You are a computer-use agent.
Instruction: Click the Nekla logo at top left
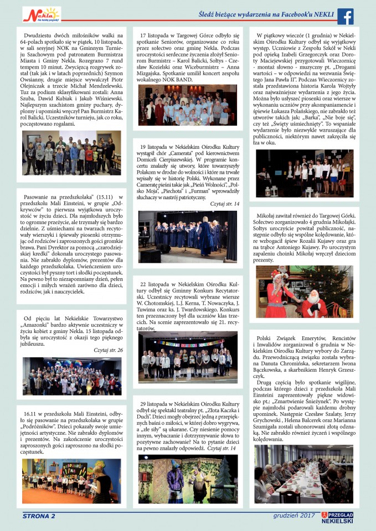click(x=42, y=14)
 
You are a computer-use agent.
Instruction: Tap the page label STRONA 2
click(x=39, y=516)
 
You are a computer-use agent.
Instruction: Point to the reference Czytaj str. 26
click(x=108, y=350)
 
